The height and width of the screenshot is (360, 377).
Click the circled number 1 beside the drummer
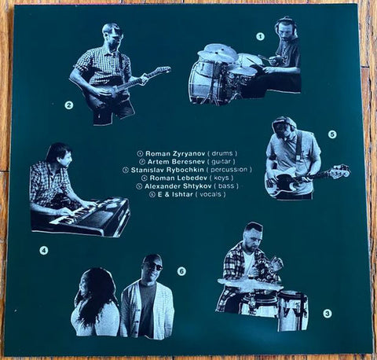pyautogui.click(x=260, y=37)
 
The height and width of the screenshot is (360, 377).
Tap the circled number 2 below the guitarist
pyautogui.click(x=69, y=105)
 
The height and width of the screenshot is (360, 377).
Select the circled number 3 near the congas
pyautogui.click(x=328, y=313)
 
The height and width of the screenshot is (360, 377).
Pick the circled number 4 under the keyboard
pyautogui.click(x=44, y=251)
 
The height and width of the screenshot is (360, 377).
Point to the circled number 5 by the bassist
pyautogui.click(x=332, y=134)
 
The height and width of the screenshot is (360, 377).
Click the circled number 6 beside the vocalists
pyautogui.click(x=181, y=271)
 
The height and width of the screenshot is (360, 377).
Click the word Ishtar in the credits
pyautogui.click(x=183, y=195)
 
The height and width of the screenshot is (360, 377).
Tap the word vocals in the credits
pyautogui.click(x=210, y=195)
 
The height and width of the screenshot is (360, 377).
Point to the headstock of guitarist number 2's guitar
pyautogui.click(x=163, y=71)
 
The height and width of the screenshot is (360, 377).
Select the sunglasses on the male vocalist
pyautogui.click(x=155, y=266)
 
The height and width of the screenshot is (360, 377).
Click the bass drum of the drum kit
pyautogui.click(x=203, y=81)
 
